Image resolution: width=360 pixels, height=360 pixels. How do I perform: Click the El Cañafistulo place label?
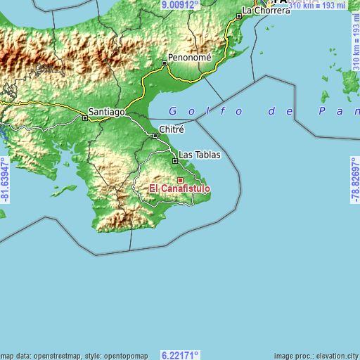point(179,188)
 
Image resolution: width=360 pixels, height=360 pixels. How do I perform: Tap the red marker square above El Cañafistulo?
point(180,181)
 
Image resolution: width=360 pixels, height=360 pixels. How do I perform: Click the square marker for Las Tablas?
point(175,160)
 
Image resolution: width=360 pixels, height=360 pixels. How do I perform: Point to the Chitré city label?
point(172,129)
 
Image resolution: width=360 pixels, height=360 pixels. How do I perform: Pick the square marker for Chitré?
point(155,135)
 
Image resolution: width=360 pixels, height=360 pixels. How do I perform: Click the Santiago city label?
point(107,112)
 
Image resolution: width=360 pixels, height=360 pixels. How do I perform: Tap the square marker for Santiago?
point(85,118)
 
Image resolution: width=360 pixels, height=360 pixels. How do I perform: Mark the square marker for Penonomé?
point(165,63)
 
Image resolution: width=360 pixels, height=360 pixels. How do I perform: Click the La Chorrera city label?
point(266,11)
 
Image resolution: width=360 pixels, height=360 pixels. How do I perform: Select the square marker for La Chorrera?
point(239,15)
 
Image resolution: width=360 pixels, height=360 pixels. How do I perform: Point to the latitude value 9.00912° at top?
point(180,4)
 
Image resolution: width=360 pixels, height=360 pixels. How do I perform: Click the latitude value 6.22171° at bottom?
point(180,355)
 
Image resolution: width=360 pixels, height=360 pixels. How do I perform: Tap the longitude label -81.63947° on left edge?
point(5,180)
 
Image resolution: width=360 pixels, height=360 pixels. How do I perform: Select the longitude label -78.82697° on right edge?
point(354,180)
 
